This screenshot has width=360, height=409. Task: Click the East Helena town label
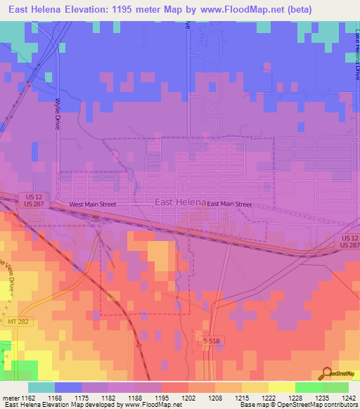[x=179, y=202]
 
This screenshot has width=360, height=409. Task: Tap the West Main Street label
[x=92, y=204]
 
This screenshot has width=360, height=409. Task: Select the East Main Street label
[x=229, y=204]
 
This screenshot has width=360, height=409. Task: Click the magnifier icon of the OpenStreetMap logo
[x=326, y=373]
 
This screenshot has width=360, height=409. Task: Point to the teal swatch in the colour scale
[x=41, y=387]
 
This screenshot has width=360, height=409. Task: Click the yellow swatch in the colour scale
[x=281, y=387]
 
